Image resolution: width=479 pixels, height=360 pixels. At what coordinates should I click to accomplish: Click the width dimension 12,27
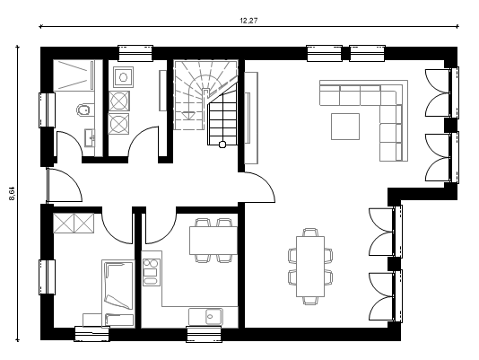click(x=248, y=21)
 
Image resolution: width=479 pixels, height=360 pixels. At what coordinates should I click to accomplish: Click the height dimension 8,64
click(x=13, y=194)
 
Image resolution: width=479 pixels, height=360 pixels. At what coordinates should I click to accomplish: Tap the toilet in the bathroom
click(x=83, y=110)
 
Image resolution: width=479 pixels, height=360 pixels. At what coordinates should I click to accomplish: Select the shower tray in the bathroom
click(x=74, y=75)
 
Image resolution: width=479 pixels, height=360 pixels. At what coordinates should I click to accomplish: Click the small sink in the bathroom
click(x=90, y=138)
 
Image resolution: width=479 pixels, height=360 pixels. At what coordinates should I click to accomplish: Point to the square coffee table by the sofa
click(x=345, y=127)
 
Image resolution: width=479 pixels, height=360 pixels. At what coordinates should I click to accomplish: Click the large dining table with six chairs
click(x=310, y=266)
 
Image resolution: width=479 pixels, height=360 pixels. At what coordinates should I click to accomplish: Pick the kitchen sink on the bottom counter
click(x=213, y=316)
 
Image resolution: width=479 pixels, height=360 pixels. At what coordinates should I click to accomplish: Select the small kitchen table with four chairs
click(x=213, y=241)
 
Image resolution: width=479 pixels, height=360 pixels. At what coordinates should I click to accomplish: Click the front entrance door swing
click(x=65, y=185)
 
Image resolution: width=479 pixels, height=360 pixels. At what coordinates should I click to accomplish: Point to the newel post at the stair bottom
click(x=222, y=144)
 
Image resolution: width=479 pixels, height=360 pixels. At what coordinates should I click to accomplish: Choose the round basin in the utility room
click(x=123, y=77)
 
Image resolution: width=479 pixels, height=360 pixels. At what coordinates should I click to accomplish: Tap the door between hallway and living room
click(x=259, y=187)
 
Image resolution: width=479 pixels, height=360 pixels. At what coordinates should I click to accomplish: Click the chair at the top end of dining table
click(x=310, y=233)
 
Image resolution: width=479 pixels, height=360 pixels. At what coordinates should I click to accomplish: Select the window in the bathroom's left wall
click(x=47, y=110)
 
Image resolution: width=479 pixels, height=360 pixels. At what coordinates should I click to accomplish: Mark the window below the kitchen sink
click(x=204, y=334)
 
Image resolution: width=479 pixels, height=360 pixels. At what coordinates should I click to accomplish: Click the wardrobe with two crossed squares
click(x=74, y=223)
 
